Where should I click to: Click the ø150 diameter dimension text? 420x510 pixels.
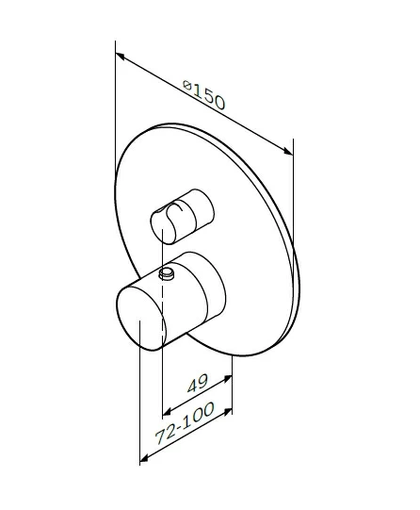(x=203, y=94)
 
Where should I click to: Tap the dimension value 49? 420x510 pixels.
(x=198, y=383)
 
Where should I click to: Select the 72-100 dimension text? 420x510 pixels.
(x=185, y=423)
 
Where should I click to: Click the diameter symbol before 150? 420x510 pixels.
(x=187, y=85)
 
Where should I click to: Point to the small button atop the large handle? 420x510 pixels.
(x=167, y=273)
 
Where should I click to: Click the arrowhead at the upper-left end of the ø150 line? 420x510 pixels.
(x=120, y=57)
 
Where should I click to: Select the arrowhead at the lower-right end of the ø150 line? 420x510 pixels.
(x=288, y=151)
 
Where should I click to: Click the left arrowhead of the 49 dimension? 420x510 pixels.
(x=167, y=413)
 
